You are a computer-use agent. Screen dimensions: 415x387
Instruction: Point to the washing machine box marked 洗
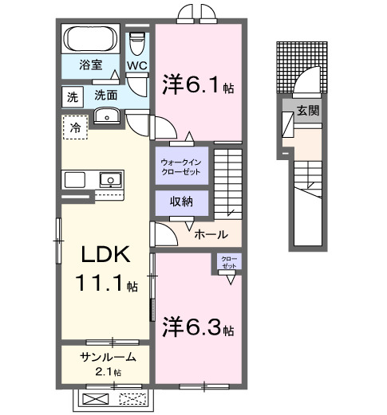click(x=73, y=97)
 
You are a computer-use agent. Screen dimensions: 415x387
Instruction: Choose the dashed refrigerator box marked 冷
click(x=74, y=127)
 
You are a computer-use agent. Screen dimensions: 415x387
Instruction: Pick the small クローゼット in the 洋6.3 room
click(x=229, y=264)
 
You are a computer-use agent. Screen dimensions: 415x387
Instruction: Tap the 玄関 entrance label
click(x=308, y=111)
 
